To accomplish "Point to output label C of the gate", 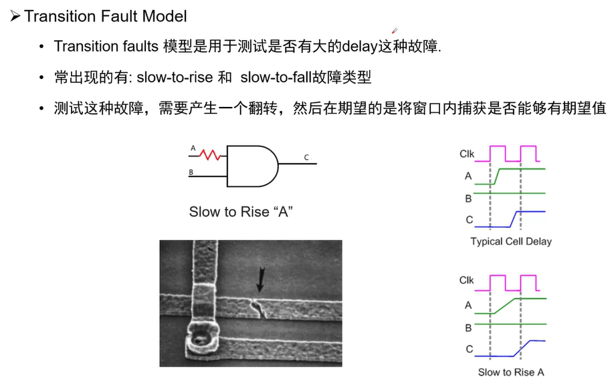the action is point(306,158).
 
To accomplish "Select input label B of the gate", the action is point(191,172).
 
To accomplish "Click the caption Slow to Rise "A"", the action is point(241,212).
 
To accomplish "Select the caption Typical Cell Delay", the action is point(511,241).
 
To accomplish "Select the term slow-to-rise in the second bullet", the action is point(175,78).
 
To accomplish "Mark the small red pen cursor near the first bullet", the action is point(395,30).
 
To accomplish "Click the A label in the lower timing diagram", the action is point(468,305).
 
